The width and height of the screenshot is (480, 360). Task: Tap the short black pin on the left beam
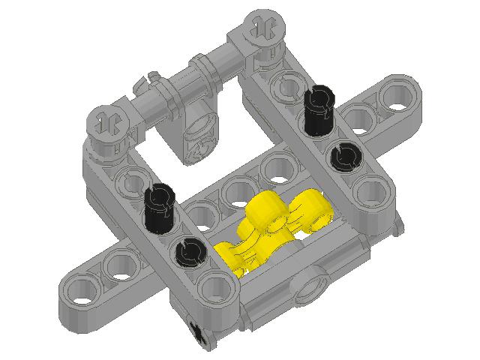pyautogui.click(x=187, y=251)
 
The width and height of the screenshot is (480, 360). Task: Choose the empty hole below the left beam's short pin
pyautogui.click(x=215, y=285)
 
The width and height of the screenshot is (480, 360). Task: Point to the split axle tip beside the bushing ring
pyautogui.click(x=150, y=76)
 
